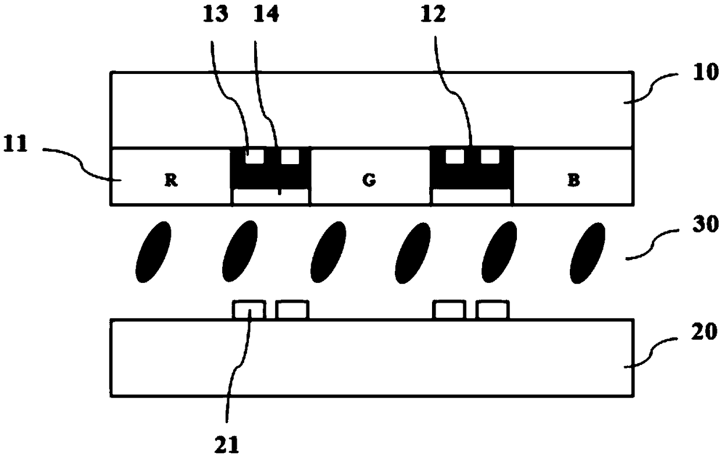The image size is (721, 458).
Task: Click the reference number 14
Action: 266,15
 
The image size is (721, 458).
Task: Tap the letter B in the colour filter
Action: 573,180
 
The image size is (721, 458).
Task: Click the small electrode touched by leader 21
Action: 249,310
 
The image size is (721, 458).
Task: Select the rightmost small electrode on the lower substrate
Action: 493,310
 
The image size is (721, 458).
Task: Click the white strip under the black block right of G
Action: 472,197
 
